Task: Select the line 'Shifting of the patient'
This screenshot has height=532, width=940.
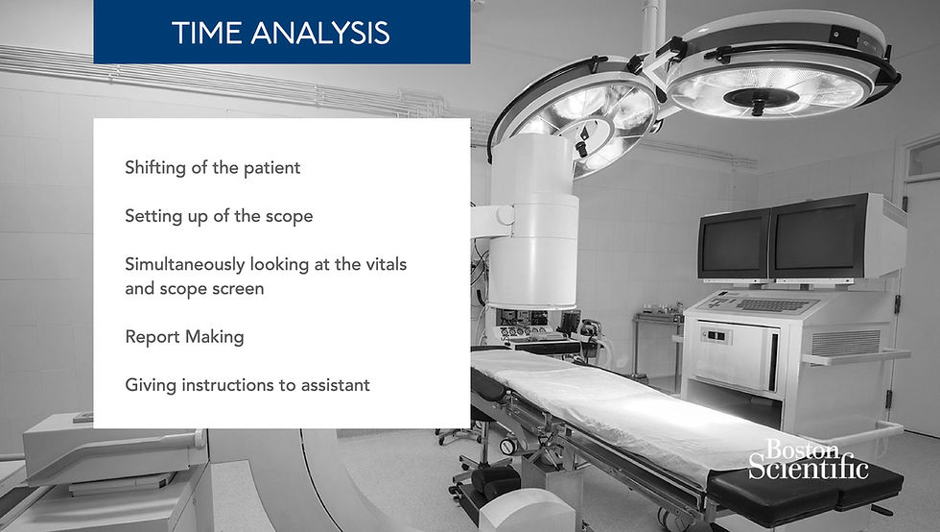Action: click(x=212, y=168)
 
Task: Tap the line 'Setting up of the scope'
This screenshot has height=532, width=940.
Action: click(x=219, y=216)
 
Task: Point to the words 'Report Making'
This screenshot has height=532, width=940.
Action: click(x=184, y=337)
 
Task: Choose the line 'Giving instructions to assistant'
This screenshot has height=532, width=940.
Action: click(x=247, y=385)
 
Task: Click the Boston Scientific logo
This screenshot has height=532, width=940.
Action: click(x=808, y=459)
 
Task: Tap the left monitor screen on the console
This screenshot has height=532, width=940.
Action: click(x=734, y=244)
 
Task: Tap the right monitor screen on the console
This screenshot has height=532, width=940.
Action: click(x=816, y=239)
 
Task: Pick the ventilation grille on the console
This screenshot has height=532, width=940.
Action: click(x=845, y=343)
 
